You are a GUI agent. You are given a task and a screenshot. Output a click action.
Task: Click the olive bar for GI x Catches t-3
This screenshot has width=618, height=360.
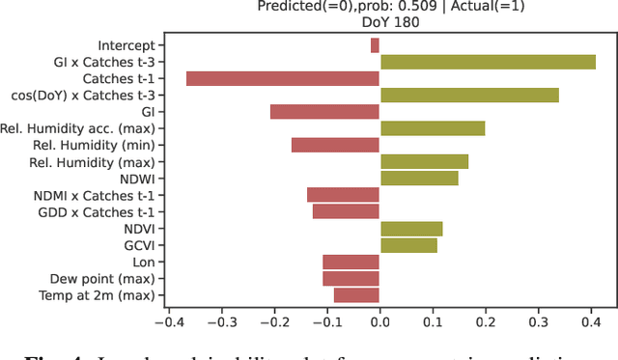488,62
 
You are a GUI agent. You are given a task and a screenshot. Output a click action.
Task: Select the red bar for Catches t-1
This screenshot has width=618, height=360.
283,78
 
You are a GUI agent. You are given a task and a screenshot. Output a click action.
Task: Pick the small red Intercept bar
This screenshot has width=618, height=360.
375,45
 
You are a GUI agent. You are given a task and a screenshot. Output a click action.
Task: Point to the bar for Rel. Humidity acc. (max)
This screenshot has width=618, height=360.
433,128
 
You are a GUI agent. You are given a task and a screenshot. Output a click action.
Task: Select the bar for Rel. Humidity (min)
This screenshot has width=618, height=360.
335,145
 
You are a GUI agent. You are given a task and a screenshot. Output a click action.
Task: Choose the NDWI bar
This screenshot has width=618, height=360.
419,179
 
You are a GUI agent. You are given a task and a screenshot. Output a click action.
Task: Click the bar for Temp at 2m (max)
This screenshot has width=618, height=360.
356,295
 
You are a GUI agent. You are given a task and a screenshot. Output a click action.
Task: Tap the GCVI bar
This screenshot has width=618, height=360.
408,245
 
